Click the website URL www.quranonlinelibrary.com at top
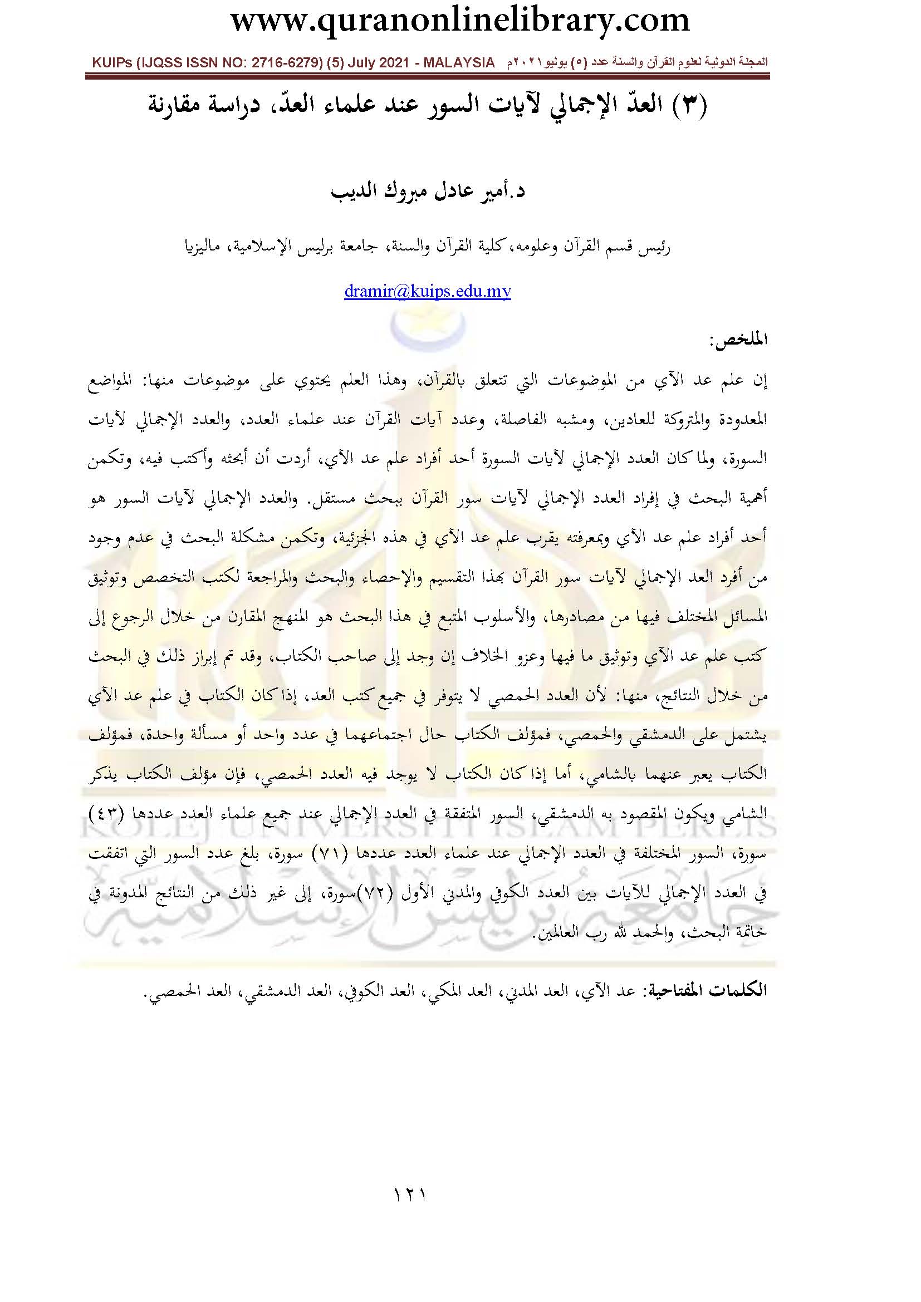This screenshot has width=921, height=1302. pyautogui.click(x=460, y=21)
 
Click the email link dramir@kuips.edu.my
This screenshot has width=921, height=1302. pyautogui.click(x=427, y=292)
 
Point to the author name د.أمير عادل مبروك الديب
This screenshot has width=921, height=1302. pyautogui.click(x=428, y=191)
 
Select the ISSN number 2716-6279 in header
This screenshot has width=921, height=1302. pyautogui.click(x=263, y=63)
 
